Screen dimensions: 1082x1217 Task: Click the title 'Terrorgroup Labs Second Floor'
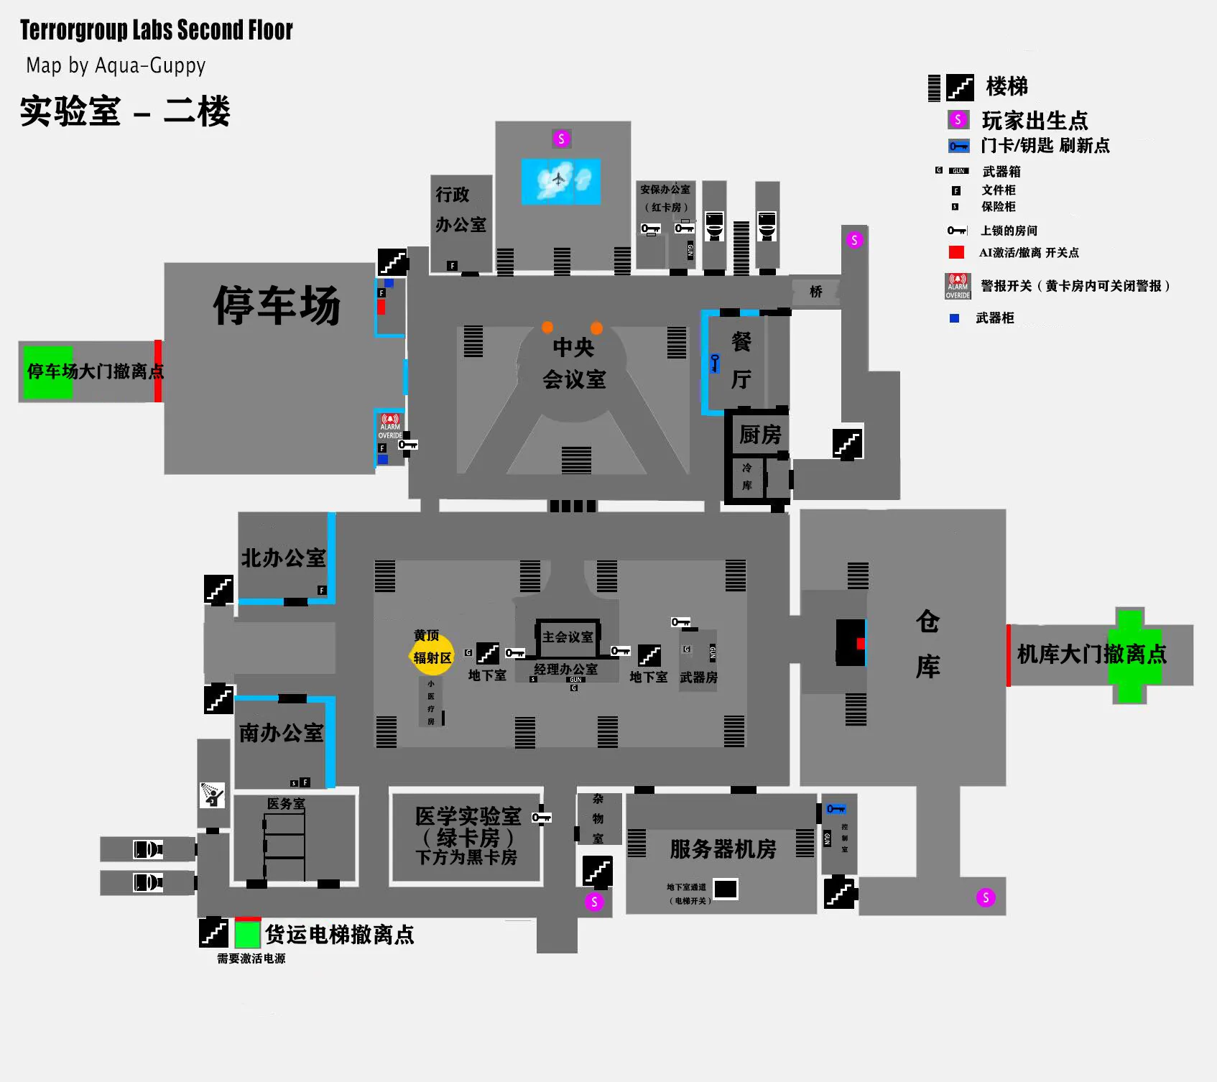pos(156,30)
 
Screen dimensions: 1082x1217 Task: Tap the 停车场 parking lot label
pos(277,305)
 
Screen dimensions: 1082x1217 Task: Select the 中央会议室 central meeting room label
pos(573,363)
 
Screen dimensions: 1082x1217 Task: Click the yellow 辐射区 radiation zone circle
pos(432,655)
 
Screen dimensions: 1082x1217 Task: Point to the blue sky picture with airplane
pos(560,181)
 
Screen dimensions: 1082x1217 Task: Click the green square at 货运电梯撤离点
pos(247,934)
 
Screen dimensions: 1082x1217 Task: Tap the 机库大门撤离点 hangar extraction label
pos(1091,654)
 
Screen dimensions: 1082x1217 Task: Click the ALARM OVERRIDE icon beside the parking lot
pos(390,426)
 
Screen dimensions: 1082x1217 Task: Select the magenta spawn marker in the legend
pos(958,119)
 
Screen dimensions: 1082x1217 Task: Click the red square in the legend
pos(956,252)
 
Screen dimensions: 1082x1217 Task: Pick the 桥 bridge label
pos(816,291)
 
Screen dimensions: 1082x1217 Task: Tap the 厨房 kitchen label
pos(760,435)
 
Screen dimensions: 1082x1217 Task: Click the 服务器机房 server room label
pos(723,849)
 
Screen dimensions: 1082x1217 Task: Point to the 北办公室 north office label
pos(283,558)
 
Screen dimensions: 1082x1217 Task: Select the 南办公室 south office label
pos(281,733)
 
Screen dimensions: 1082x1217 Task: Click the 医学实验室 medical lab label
pos(468,816)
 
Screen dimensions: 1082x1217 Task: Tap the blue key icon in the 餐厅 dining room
pos(715,363)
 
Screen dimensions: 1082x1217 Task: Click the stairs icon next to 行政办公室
pos(392,262)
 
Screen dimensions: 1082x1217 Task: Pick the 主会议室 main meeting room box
pos(568,637)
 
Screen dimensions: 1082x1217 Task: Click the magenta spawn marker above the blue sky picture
pos(561,139)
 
